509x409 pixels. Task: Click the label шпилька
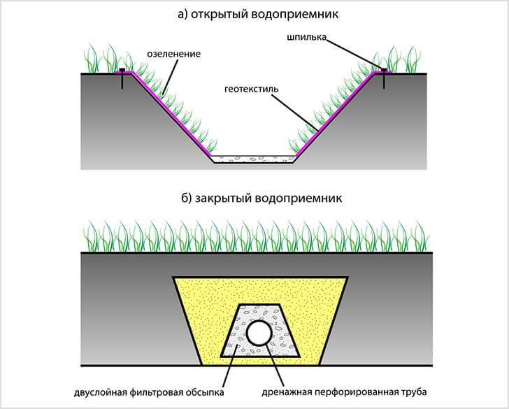point(306,37)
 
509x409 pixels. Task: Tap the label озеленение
point(173,54)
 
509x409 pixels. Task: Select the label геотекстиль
point(251,89)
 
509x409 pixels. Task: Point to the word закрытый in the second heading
point(223,199)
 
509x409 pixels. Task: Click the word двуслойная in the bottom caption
point(100,392)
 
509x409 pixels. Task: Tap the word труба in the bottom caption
point(414,392)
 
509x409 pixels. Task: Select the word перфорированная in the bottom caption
point(357,392)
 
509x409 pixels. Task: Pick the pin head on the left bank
point(122,70)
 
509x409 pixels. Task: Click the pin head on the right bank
point(384,70)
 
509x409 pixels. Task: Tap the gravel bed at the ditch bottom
point(254,159)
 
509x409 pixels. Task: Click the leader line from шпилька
point(354,55)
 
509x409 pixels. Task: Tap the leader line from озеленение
point(170,77)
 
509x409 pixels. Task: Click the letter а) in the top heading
point(182,15)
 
